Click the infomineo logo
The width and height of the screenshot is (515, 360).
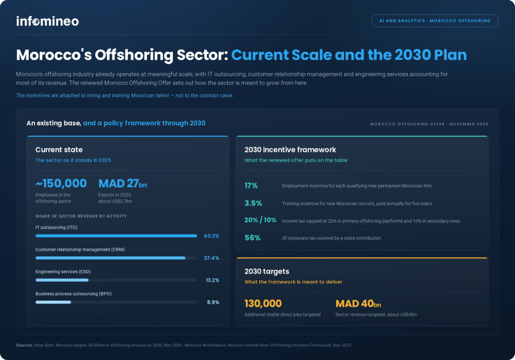pyautogui.click(x=48, y=21)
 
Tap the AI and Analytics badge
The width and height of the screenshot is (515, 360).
pyautogui.click(x=435, y=21)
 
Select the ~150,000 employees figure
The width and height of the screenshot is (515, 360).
pyautogui.click(x=61, y=184)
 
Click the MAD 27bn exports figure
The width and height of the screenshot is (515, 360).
pyautogui.click(x=123, y=184)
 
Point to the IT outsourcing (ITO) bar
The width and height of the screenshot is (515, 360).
pyautogui.click(x=116, y=236)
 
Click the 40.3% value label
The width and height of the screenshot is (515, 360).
pyautogui.click(x=211, y=236)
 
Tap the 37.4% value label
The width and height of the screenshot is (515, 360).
pyautogui.click(x=212, y=258)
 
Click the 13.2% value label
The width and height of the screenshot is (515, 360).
pyautogui.click(x=213, y=280)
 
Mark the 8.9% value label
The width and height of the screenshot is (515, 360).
pyautogui.click(x=213, y=302)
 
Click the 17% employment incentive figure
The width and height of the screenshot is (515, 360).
pyautogui.click(x=251, y=186)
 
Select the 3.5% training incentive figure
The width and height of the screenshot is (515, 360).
pyautogui.click(x=253, y=203)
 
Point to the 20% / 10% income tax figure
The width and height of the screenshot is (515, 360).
pyautogui.click(x=261, y=220)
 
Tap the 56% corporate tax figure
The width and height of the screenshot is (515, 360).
pyautogui.click(x=252, y=238)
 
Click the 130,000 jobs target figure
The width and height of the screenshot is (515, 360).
pyautogui.click(x=263, y=304)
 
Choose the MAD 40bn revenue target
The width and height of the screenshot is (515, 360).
pyautogui.click(x=358, y=304)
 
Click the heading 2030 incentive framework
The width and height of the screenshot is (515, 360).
pyautogui.click(x=290, y=150)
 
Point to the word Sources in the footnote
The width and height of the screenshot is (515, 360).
pyautogui.click(x=25, y=345)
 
